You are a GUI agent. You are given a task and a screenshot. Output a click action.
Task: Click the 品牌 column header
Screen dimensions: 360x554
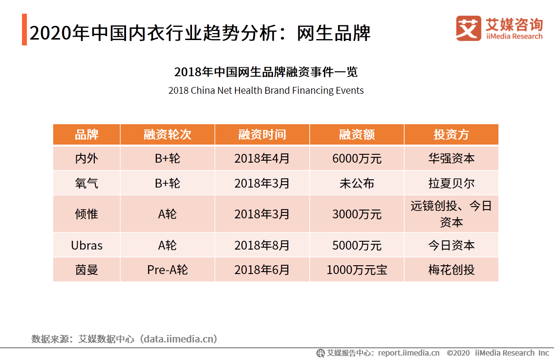86,135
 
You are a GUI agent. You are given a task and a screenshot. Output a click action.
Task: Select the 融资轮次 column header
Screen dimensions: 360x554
167,135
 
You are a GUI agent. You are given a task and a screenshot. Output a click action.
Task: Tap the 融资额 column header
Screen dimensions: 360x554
357,135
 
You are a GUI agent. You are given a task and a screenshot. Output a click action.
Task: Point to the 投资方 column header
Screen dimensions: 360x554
451,135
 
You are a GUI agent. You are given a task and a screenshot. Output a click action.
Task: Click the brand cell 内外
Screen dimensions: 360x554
86,159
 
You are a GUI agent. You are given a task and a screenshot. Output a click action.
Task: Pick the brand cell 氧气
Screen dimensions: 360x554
86,183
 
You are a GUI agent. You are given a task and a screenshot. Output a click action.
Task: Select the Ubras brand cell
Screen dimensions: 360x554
86,245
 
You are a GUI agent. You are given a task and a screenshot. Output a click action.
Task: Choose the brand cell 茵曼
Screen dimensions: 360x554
86,270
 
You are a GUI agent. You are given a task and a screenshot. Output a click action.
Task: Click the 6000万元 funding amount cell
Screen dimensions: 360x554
357,159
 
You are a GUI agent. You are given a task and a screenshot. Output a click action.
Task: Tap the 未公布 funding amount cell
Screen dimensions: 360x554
357,183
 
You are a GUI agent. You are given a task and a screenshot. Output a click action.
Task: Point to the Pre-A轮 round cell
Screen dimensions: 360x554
167,270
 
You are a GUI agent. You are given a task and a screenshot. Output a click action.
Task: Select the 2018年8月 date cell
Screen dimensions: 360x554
262,245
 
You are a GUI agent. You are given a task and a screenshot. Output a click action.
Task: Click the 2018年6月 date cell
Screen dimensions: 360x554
262,270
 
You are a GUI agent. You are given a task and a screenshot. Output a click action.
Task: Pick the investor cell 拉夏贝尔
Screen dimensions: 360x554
451,183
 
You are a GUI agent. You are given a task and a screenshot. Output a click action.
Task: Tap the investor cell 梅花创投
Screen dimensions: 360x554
451,270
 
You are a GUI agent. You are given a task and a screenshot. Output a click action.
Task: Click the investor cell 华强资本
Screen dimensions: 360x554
451,159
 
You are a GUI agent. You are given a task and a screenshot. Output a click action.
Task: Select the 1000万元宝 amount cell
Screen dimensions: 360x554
357,270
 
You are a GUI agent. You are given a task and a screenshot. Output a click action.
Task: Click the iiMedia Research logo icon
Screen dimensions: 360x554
468,28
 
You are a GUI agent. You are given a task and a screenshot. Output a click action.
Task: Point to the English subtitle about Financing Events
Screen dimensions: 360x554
266,90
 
